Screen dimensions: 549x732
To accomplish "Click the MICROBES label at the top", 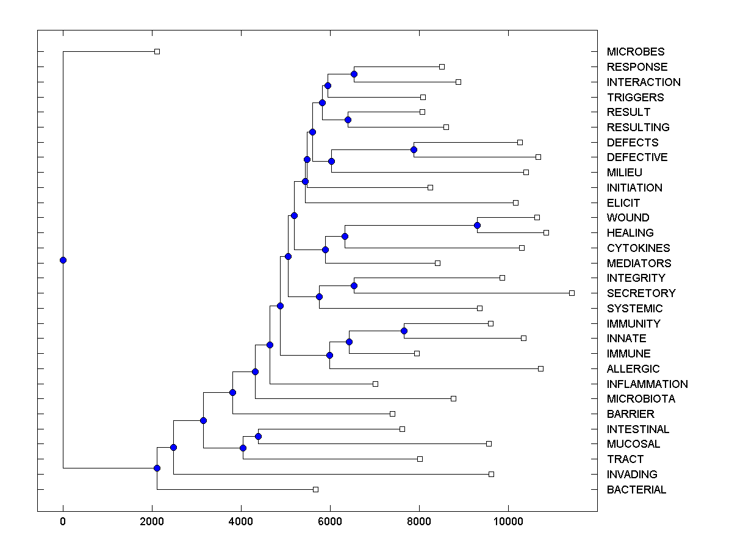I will (635, 52).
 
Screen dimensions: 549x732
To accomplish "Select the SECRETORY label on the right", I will (641, 293).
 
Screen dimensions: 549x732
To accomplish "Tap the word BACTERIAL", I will (636, 490).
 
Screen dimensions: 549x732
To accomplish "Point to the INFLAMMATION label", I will (647, 384).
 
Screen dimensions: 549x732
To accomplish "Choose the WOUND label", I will (628, 218).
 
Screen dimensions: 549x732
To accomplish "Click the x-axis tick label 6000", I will (330, 520).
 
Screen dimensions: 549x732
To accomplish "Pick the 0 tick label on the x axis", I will (63, 520).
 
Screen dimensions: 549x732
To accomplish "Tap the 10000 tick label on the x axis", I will (508, 520).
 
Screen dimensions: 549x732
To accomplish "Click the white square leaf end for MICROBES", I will (157, 51).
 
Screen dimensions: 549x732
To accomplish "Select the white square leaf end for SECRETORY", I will (572, 293).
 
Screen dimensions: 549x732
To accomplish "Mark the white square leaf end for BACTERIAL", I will (315, 489).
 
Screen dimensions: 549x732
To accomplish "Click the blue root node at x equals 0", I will (63, 260).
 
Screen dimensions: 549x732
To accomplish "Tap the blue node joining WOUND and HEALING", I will (477, 225).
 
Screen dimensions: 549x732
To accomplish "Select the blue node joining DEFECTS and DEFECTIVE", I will (414, 149).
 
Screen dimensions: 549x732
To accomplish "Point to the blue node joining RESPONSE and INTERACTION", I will (354, 74).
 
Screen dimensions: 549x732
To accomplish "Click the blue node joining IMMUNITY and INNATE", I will (404, 331).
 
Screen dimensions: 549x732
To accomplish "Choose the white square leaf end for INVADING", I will (491, 474).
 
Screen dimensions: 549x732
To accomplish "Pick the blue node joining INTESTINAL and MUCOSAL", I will (258, 436).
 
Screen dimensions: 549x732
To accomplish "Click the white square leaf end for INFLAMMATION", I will (375, 384).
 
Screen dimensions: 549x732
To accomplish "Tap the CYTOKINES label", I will (638, 248).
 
